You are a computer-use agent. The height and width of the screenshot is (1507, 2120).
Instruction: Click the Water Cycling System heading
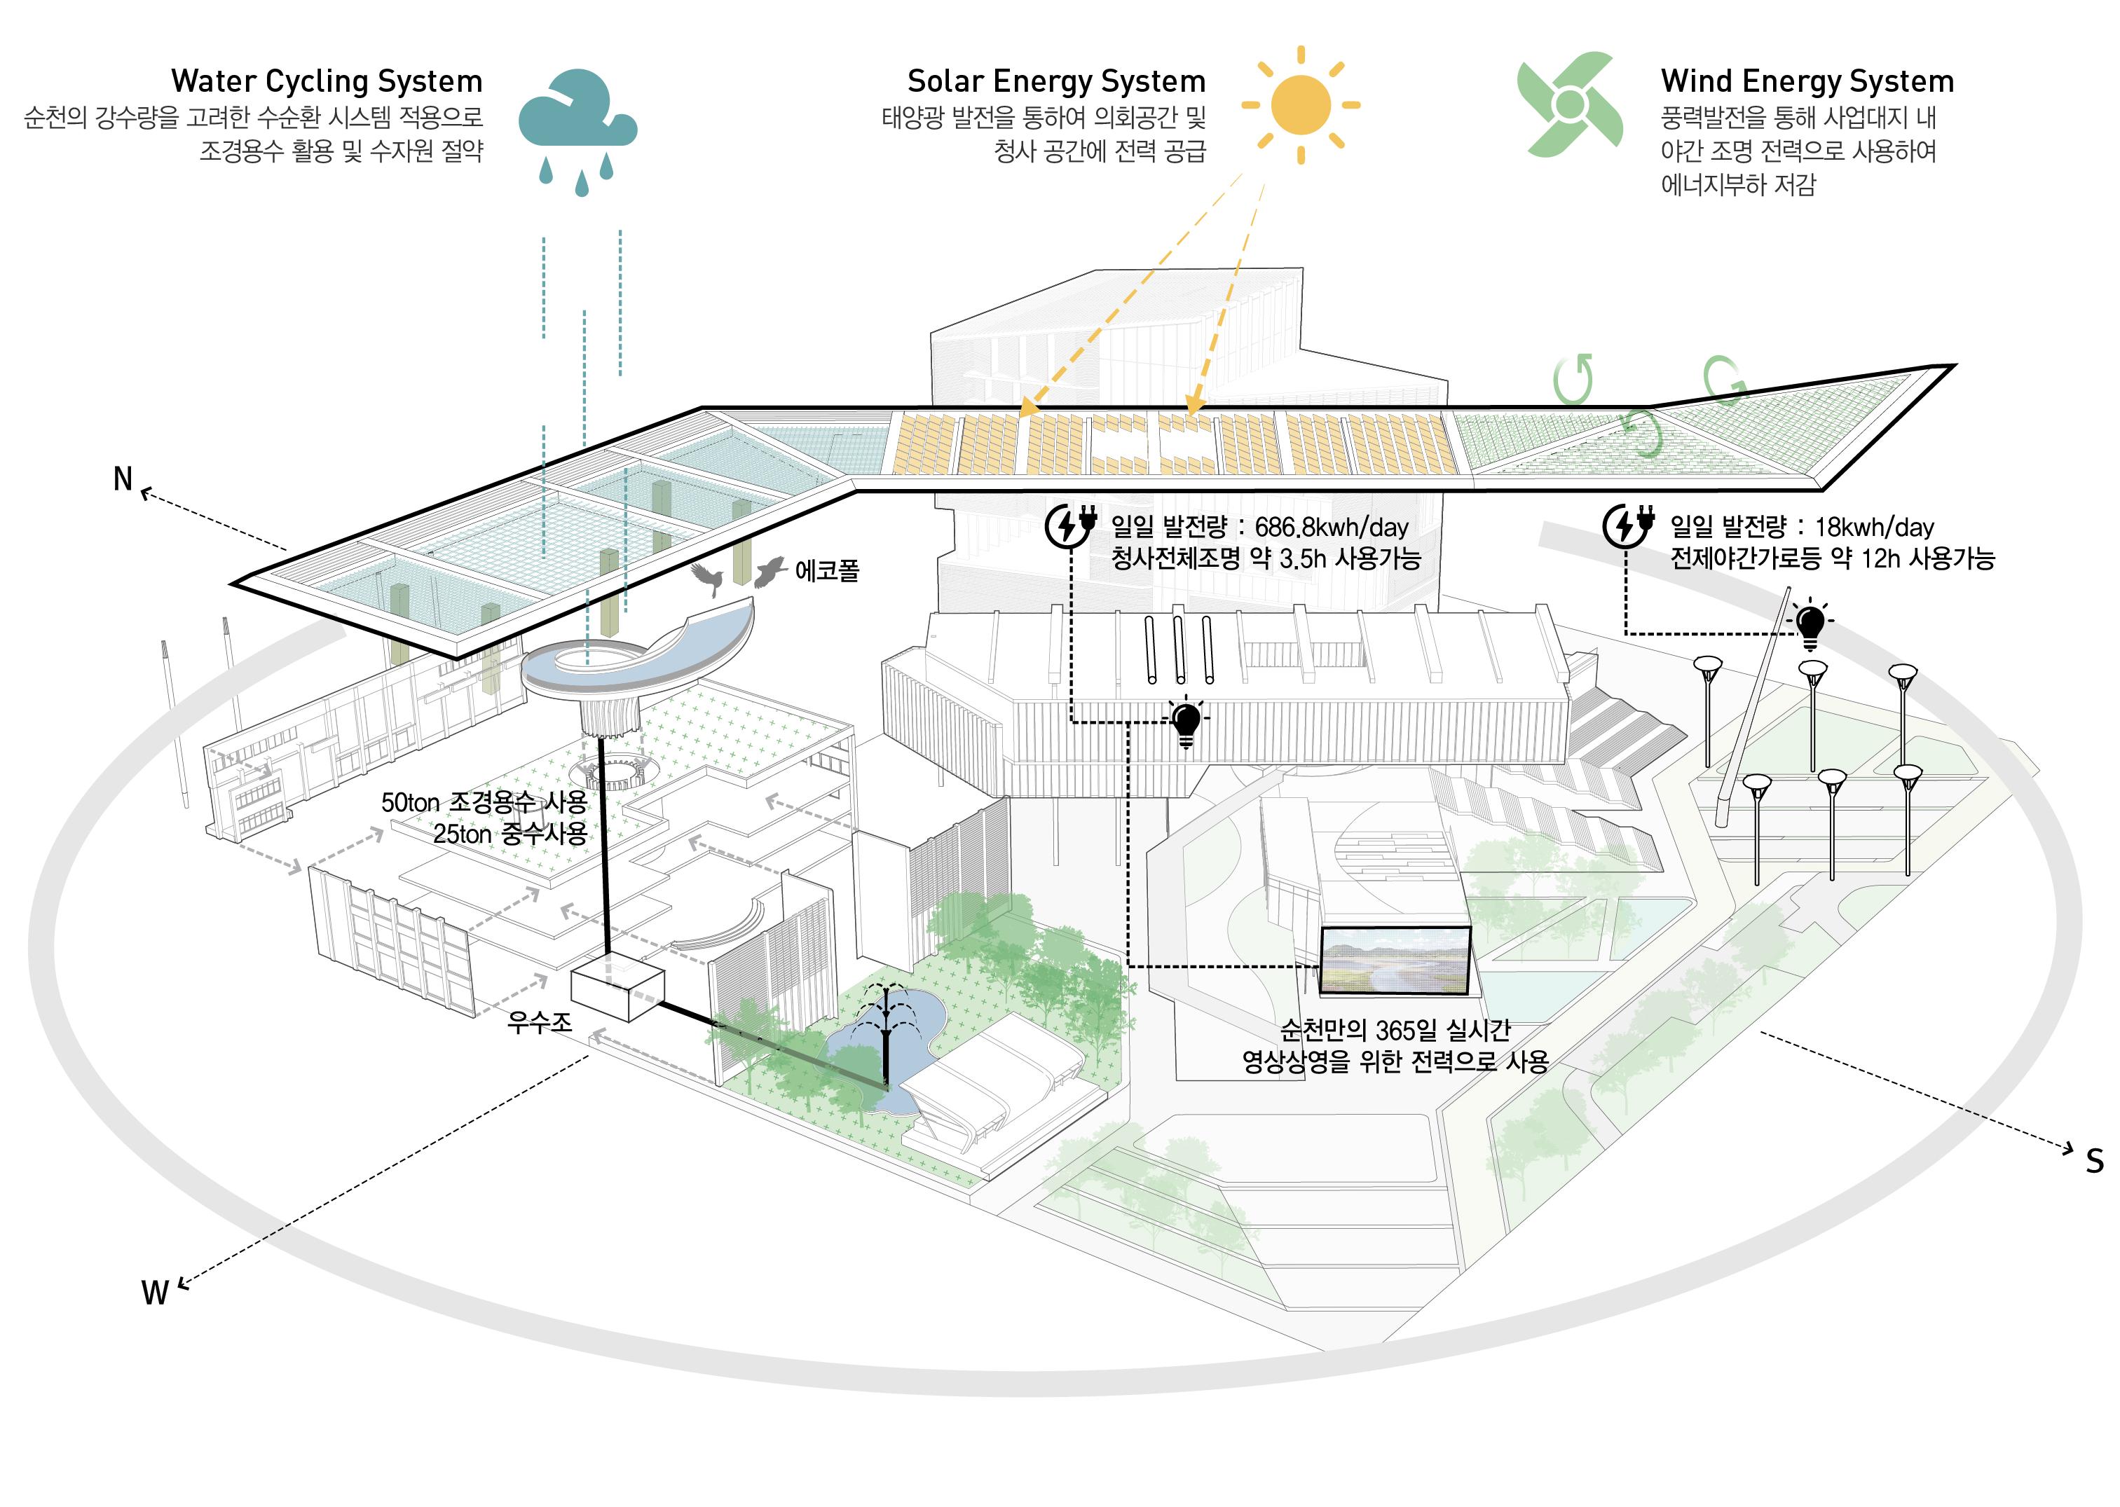[327, 82]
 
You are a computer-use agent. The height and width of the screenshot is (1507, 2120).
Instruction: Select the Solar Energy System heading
[1056, 82]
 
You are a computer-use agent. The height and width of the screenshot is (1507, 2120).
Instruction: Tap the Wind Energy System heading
[1807, 82]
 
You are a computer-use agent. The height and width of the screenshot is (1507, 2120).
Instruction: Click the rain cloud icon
[577, 116]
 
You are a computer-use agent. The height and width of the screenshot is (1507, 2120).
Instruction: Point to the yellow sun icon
[1301, 105]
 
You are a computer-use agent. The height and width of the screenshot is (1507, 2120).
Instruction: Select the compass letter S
[2095, 1161]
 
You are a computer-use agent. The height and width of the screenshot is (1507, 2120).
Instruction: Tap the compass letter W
[154, 1293]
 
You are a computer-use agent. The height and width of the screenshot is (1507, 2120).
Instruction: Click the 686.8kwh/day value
[1331, 527]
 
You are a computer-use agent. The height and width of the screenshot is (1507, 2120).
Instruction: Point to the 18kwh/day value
[1874, 527]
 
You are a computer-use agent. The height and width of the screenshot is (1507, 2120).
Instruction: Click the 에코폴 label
[826, 570]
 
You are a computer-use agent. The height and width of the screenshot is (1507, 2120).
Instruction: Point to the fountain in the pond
[887, 1026]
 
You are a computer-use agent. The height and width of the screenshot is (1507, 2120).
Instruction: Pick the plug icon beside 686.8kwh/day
[1070, 525]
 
